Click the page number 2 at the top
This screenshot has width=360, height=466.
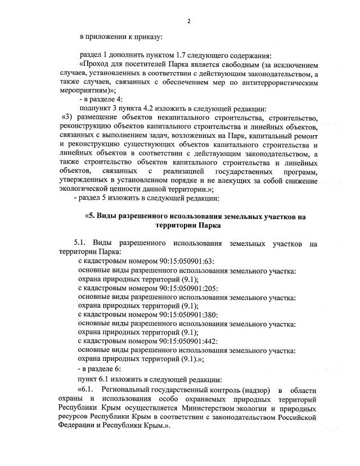coord(189,21)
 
